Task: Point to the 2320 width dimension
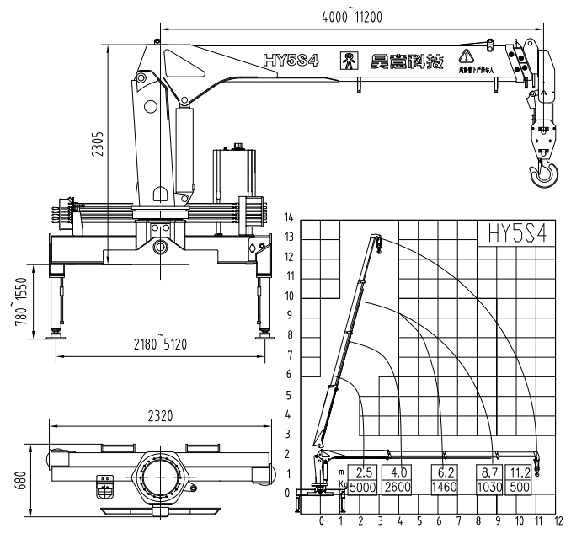160,414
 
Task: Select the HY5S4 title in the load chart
511,234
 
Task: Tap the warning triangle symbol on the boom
464,57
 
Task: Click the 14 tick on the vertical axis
289,218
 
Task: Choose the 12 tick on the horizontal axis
558,521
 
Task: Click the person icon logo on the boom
348,61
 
